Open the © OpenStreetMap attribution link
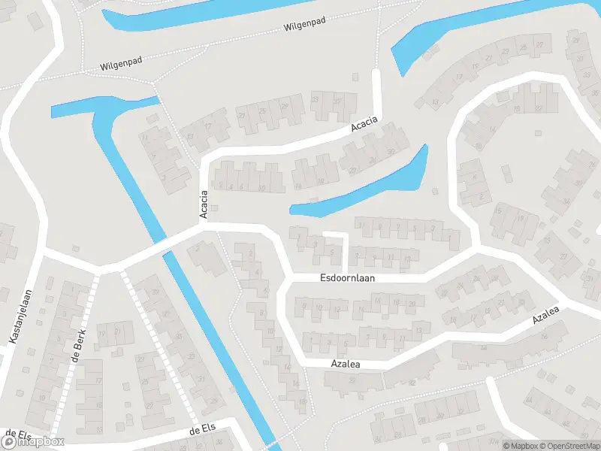tap(564, 446)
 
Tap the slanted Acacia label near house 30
tap(364, 125)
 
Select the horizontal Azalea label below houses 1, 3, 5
tap(346, 363)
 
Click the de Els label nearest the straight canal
tap(204, 430)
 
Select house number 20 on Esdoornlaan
tap(410, 303)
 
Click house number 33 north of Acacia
tap(315, 100)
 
